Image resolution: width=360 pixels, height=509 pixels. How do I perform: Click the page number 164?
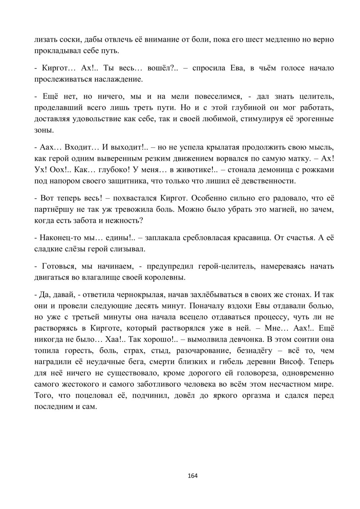[193, 476]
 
